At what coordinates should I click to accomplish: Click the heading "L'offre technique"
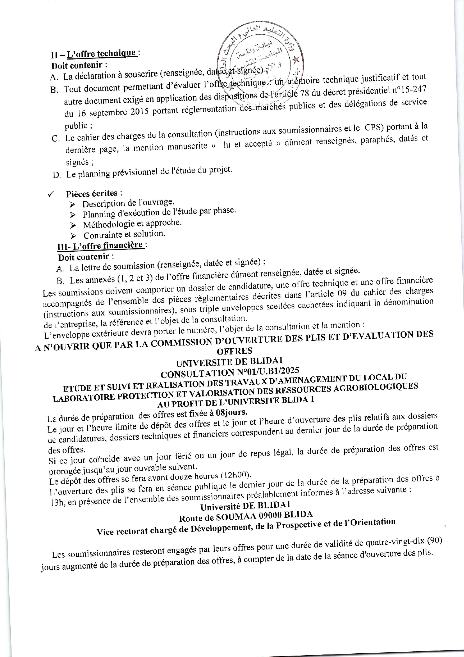pos(101,53)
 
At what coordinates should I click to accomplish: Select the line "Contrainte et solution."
pos(124,235)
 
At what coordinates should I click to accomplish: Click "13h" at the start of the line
pos(57,503)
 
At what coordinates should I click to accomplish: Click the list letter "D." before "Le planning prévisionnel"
pos(57,175)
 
